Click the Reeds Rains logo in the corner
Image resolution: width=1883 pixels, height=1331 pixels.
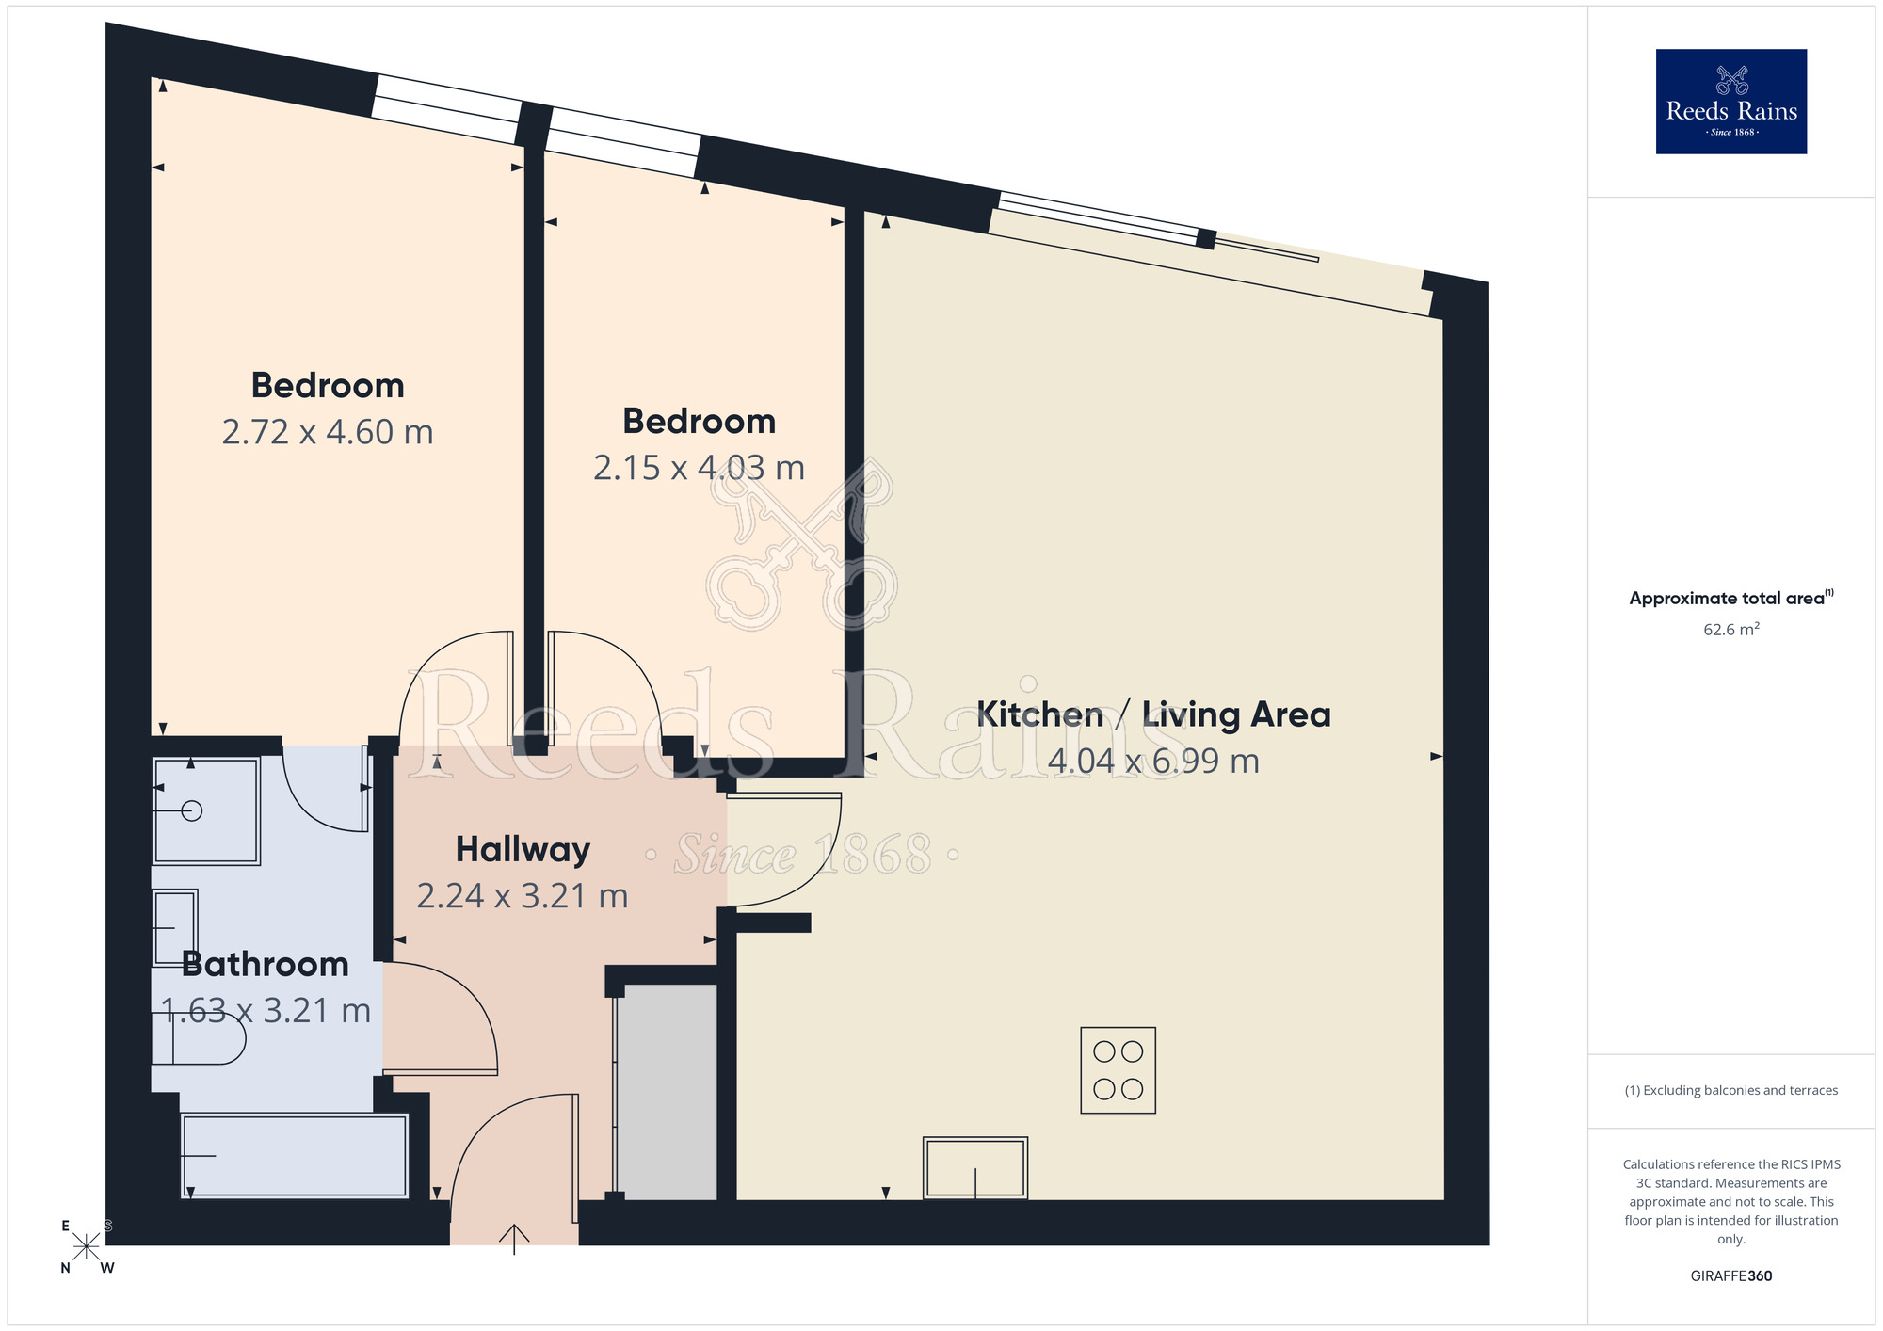click(x=1730, y=102)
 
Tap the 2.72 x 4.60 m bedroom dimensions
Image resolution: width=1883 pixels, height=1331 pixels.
click(x=328, y=432)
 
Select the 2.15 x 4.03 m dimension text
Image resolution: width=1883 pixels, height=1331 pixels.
click(x=699, y=468)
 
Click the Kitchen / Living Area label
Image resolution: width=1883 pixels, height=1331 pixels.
click(x=1153, y=714)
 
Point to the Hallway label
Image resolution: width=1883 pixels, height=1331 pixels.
click(x=523, y=849)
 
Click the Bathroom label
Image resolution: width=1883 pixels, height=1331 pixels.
click(x=266, y=964)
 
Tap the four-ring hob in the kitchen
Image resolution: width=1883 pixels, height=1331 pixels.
click(x=1118, y=1070)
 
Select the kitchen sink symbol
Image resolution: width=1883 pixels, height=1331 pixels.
click(x=975, y=1167)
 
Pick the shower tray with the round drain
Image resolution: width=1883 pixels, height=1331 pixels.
click(x=206, y=810)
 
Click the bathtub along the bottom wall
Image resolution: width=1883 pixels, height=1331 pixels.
click(x=295, y=1155)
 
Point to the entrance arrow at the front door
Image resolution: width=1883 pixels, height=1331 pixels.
click(x=514, y=1237)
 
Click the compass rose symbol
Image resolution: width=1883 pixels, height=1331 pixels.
click(x=87, y=1246)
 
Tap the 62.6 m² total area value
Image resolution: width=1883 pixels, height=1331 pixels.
click(x=1730, y=630)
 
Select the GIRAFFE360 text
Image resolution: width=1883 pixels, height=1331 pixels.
click(x=1730, y=1276)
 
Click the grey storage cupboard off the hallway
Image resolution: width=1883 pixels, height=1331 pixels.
click(x=667, y=1092)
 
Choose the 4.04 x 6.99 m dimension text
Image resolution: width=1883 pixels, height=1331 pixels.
click(x=1153, y=761)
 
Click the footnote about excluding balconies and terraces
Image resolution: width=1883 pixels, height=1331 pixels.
click(x=1730, y=1091)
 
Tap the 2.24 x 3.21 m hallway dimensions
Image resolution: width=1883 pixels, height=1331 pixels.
click(x=523, y=896)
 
